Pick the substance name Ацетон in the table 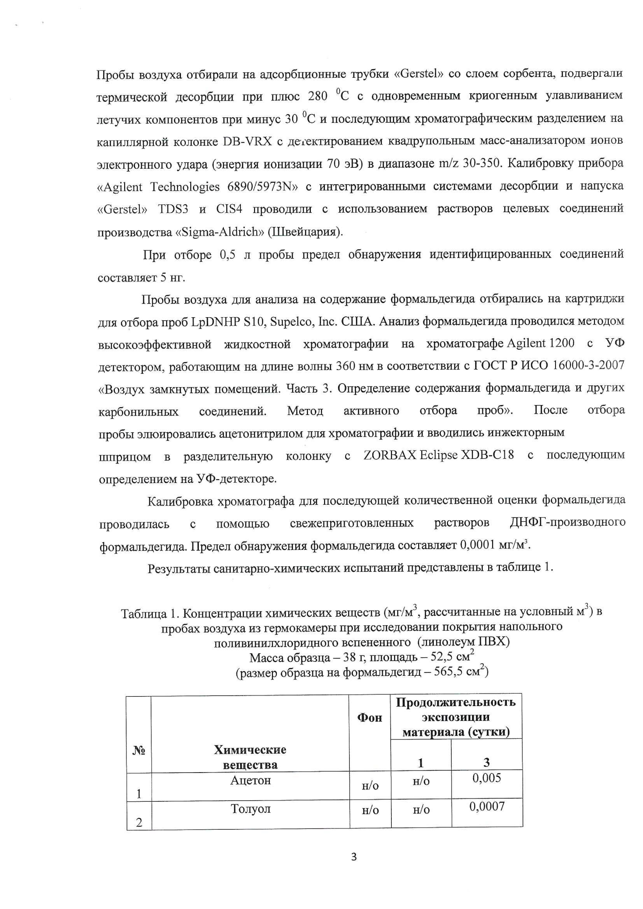[250, 780]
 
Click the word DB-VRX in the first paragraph [248, 141]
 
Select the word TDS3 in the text [173, 209]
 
